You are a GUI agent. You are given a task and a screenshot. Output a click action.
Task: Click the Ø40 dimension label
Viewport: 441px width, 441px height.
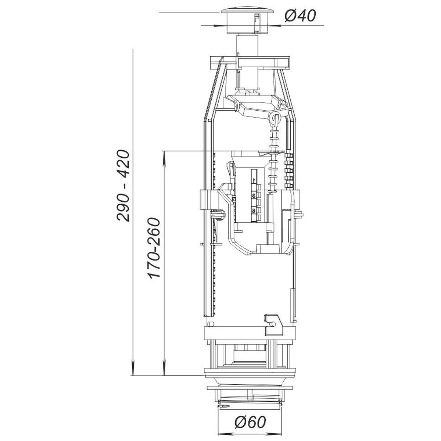[300, 16]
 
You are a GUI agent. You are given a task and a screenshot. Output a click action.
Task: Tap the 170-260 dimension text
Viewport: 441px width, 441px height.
[153, 248]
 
